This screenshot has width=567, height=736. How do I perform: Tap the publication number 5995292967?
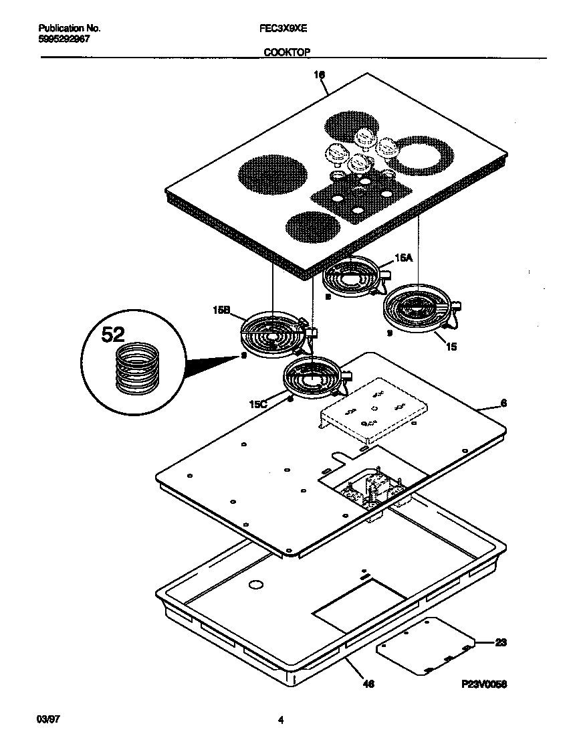pos(64,39)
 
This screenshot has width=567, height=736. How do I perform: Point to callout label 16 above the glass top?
pos(320,76)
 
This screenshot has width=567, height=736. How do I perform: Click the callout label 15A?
pos(403,257)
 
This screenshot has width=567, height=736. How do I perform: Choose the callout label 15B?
pos(221,310)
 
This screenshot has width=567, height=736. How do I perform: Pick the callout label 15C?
pos(259,403)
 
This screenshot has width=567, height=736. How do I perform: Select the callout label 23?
pos(501,643)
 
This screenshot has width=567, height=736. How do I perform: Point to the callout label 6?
pos(503,403)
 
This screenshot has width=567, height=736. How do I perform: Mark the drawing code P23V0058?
pos(485,684)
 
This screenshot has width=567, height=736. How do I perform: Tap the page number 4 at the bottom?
pos(281,721)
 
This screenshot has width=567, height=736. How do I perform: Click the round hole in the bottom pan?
pos(254,585)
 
